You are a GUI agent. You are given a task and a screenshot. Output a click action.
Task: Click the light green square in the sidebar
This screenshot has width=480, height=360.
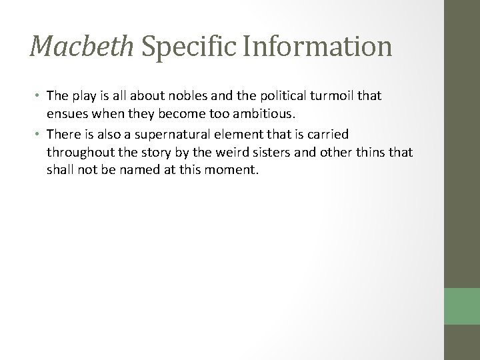462,307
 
